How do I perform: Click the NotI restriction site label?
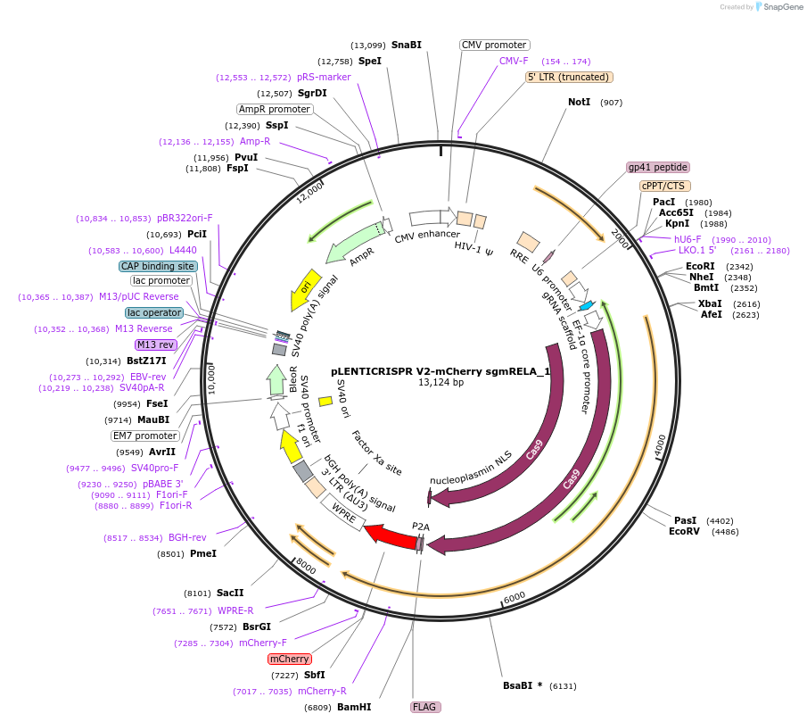(580, 102)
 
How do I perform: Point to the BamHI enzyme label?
(354, 707)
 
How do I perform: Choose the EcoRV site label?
(685, 532)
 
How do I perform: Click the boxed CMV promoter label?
(494, 45)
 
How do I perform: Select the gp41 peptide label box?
(658, 167)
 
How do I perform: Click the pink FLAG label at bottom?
(424, 707)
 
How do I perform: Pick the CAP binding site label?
(158, 266)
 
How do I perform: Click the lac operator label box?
(154, 312)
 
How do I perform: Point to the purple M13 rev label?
(155, 344)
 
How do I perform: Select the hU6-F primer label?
(688, 239)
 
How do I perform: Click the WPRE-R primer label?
(236, 611)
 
